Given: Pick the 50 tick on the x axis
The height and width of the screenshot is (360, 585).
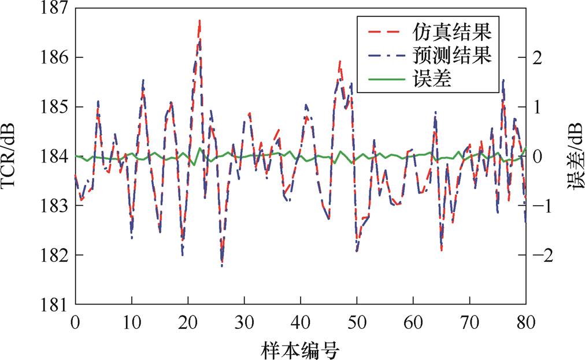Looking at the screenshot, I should [357, 321].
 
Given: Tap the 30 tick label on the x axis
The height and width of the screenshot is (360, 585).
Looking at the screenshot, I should [244, 321].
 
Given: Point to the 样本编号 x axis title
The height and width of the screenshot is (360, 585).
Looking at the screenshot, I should [300, 348].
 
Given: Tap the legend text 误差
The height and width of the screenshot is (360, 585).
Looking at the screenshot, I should [431, 80].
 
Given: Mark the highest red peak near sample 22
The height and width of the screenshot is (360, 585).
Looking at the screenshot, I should [199, 20].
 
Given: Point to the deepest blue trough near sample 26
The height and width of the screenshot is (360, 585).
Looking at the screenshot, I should [222, 266].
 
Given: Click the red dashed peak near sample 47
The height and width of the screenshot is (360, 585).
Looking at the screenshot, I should [339, 61].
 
